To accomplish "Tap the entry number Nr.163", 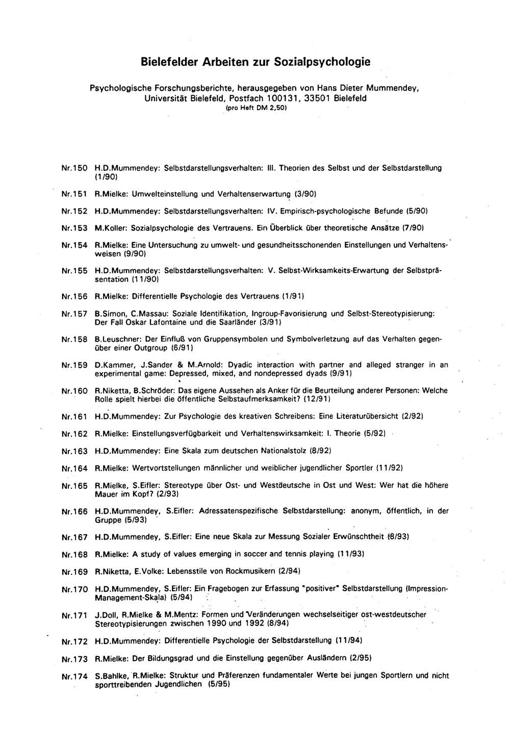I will point(74,451).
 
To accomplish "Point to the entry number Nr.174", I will point(74,676).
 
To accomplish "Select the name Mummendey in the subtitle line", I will point(393,88).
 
